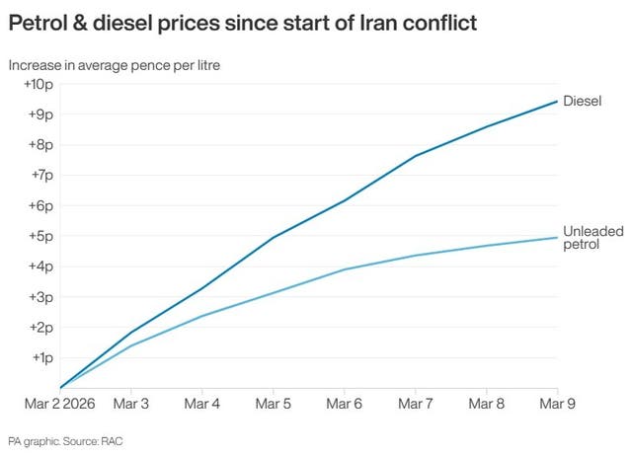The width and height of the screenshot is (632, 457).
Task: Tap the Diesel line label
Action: (x=583, y=101)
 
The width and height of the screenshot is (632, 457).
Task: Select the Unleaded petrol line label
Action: (x=592, y=237)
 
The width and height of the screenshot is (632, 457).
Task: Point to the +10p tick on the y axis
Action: (x=37, y=84)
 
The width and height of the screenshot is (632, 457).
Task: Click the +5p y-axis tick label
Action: (x=39, y=236)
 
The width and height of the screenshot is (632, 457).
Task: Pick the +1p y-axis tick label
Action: (x=39, y=357)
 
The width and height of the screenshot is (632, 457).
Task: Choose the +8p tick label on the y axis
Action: (x=39, y=145)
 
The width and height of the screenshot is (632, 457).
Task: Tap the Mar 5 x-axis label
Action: (x=273, y=404)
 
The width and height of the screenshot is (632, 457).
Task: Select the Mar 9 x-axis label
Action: (x=559, y=404)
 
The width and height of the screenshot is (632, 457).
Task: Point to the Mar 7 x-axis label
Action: (x=416, y=404)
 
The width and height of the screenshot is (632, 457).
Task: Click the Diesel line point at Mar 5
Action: (x=274, y=237)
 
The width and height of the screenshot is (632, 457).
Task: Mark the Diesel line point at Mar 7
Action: (x=416, y=156)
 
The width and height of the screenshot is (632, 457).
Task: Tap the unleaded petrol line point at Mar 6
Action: (x=345, y=269)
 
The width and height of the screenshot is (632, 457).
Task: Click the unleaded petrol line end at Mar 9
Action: (x=558, y=237)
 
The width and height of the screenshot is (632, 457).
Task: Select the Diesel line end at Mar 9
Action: (x=558, y=101)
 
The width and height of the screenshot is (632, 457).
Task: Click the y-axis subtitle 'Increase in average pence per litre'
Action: (x=115, y=65)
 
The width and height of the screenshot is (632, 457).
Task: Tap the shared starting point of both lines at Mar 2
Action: (x=61, y=388)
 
